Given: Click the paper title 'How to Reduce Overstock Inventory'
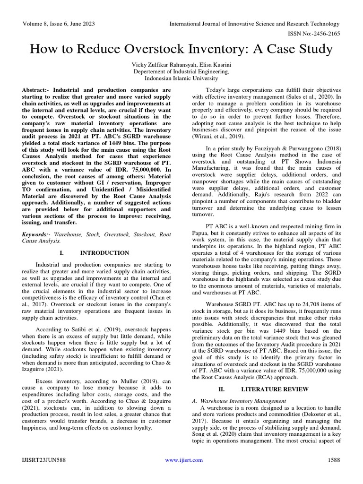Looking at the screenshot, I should click(181, 49).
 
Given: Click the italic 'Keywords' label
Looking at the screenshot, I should click(35, 234).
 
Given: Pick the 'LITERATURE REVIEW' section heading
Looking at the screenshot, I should click(268, 389).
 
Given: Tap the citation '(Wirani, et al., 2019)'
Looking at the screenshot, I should click(218, 136).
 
